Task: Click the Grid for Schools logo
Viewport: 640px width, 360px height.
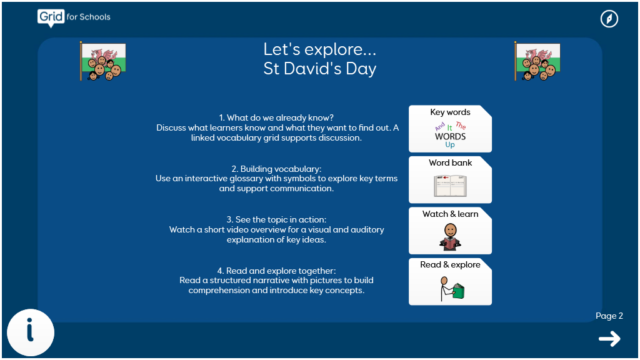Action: (x=74, y=17)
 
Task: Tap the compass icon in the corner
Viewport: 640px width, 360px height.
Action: (x=609, y=19)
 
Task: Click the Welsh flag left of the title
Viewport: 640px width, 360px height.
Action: (x=103, y=61)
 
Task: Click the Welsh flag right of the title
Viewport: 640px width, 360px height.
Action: (x=537, y=61)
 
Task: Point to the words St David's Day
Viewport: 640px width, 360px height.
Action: (x=319, y=69)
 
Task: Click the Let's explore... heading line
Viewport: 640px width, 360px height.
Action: (x=319, y=49)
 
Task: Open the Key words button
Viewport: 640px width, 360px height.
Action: (x=450, y=129)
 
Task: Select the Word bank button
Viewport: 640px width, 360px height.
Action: (x=450, y=179)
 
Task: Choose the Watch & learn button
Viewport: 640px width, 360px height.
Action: (x=450, y=231)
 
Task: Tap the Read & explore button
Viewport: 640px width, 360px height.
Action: (x=450, y=282)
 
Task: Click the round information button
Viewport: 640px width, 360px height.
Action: (x=31, y=332)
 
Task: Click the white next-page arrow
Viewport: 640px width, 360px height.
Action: (x=609, y=339)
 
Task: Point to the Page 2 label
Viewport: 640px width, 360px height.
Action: (x=609, y=316)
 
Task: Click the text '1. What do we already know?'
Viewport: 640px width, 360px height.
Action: (x=276, y=117)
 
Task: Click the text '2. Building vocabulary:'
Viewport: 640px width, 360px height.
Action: (x=276, y=169)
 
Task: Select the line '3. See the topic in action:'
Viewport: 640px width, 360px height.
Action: (x=276, y=219)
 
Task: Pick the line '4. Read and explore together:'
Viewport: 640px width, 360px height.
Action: (x=276, y=271)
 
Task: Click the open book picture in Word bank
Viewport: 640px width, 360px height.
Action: (x=450, y=186)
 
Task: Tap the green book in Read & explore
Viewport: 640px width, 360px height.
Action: (x=459, y=291)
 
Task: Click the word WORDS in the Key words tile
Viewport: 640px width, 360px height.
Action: (x=450, y=136)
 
